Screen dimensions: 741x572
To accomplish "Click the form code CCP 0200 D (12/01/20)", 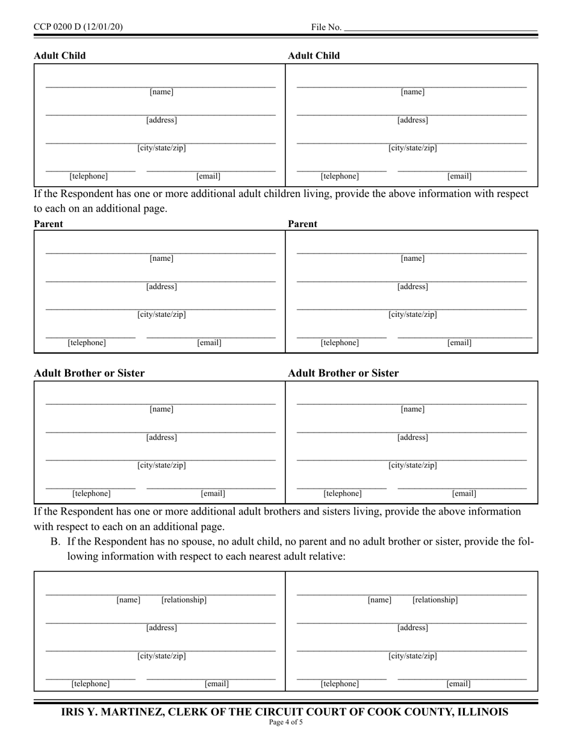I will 78,27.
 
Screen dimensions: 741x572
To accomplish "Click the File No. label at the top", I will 326,27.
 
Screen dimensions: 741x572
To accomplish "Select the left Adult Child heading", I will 60,55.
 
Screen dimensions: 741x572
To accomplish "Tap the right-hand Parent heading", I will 302,224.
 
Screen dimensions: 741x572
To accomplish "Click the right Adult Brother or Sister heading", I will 343,373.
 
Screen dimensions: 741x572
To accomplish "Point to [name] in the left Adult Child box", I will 161,92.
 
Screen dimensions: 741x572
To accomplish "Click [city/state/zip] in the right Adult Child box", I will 412,148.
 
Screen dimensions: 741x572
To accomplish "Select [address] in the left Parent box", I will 161,287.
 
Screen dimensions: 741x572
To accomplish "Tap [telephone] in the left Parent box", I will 87,343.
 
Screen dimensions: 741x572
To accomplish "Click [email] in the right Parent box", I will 459,343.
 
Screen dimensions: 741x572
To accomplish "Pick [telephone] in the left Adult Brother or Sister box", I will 92,493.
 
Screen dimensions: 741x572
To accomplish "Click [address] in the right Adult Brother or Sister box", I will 412,437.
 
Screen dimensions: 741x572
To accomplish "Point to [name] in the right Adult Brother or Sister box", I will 412,410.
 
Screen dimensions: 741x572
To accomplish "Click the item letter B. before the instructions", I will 55,541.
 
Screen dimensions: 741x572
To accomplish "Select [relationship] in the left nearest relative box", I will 184,600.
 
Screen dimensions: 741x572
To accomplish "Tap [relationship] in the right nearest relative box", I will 435,600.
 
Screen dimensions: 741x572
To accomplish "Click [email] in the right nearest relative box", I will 458,684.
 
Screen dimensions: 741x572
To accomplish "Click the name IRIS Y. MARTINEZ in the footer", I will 111,712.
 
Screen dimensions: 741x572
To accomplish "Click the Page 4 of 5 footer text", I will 286,722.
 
